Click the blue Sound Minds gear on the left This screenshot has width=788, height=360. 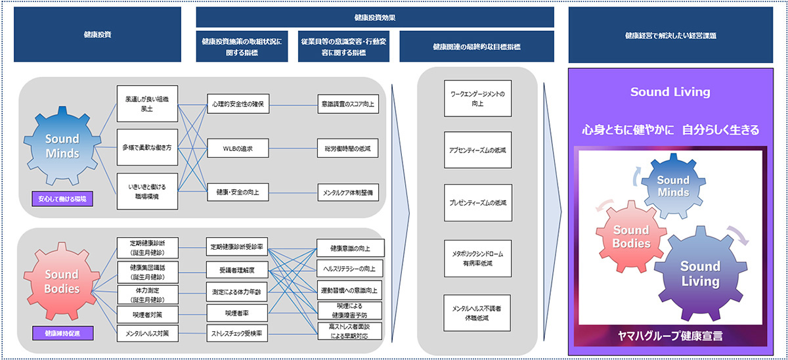[x=62, y=146]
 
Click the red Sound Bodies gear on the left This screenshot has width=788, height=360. [x=62, y=282]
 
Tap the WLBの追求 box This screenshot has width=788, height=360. [x=237, y=149]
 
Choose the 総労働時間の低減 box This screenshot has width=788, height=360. [x=347, y=149]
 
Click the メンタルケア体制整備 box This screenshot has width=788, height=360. [x=347, y=194]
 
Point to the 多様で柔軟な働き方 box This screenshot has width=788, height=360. [x=147, y=149]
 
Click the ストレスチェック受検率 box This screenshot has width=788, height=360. [x=237, y=334]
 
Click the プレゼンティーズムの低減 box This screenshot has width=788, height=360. [x=477, y=202]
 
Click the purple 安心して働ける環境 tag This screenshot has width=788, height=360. [x=62, y=198]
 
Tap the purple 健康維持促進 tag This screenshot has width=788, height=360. [x=62, y=333]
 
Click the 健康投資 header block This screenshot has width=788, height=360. [x=97, y=35]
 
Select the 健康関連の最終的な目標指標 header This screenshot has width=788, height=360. [x=477, y=47]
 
